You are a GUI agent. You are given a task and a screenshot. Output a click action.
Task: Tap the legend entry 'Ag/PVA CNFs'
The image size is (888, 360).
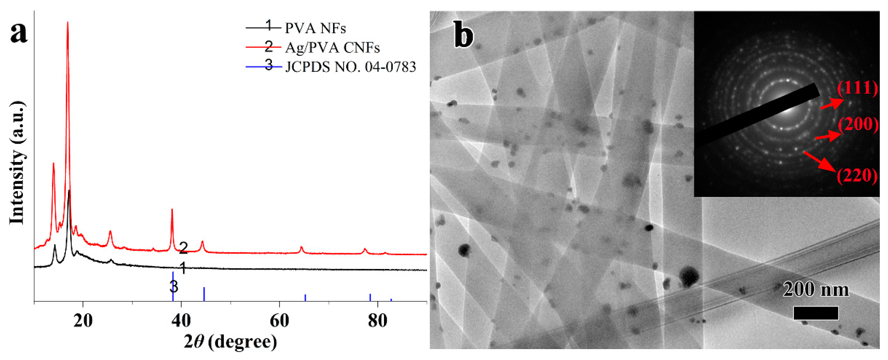[332, 48]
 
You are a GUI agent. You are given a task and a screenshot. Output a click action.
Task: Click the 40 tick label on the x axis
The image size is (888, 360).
[181, 321]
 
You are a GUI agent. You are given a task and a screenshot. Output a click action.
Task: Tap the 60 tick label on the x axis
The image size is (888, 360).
[279, 321]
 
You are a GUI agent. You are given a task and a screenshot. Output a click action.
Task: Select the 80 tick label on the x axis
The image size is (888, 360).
[378, 321]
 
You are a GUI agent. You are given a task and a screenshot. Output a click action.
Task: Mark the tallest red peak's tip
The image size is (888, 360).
[67, 22]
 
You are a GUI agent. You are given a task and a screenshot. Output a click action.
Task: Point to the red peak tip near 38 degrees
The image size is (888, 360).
[172, 209]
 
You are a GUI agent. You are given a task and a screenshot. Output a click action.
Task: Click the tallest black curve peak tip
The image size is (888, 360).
[69, 190]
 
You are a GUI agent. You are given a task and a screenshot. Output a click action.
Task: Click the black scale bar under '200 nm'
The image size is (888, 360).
[816, 313]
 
